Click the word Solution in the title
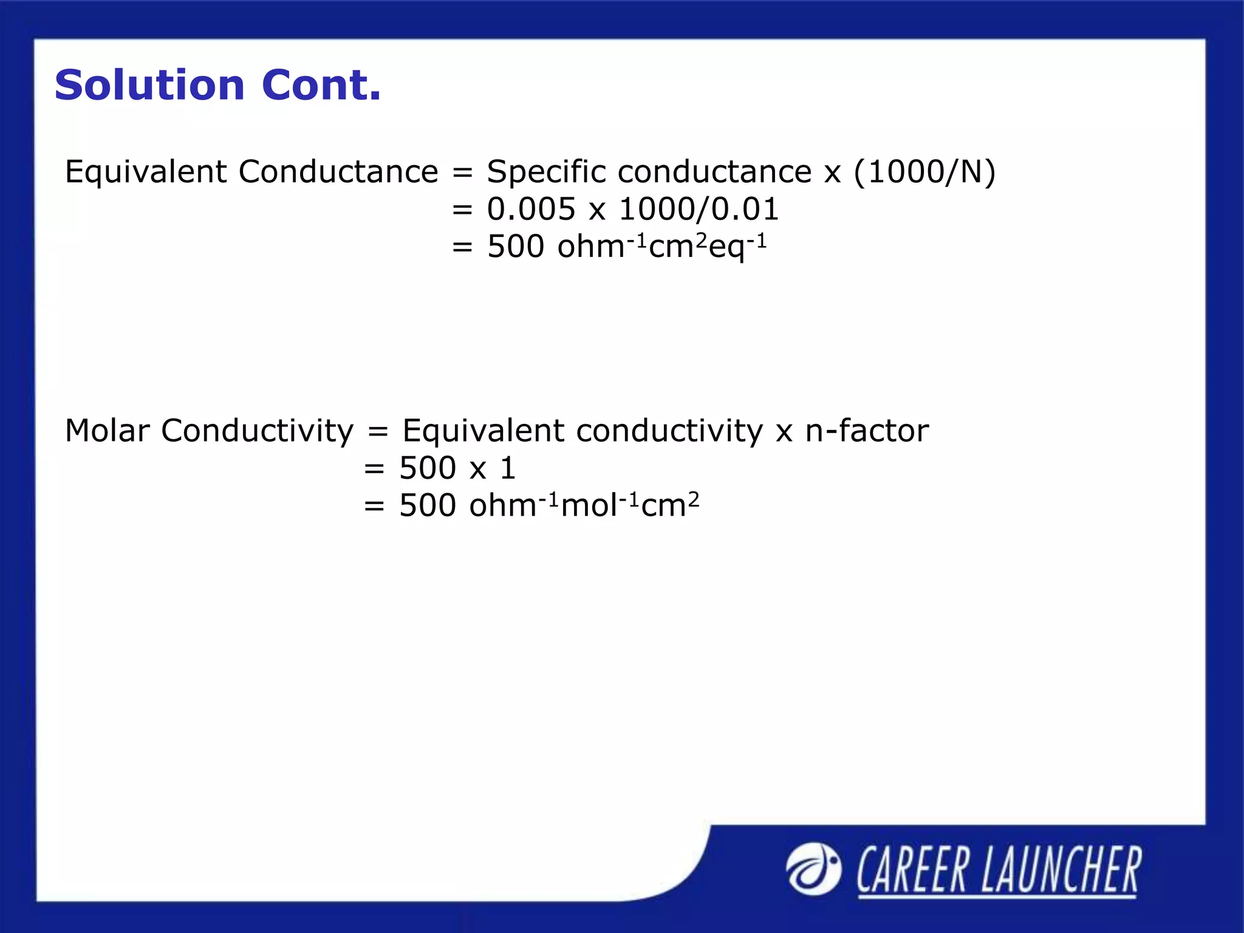pos(149,85)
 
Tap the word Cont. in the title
pos(321,85)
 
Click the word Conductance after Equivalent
pos(338,172)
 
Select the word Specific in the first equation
pos(546,172)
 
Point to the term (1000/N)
pos(924,172)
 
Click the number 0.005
pos(531,210)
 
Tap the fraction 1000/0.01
pos(699,210)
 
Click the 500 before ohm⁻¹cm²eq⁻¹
pos(516,247)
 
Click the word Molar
pos(107,431)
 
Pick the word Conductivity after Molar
pos(257,431)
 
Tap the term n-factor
pos(867,431)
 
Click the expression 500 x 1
pos(457,468)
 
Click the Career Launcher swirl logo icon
pos(813,869)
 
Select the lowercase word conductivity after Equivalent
pos(669,431)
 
